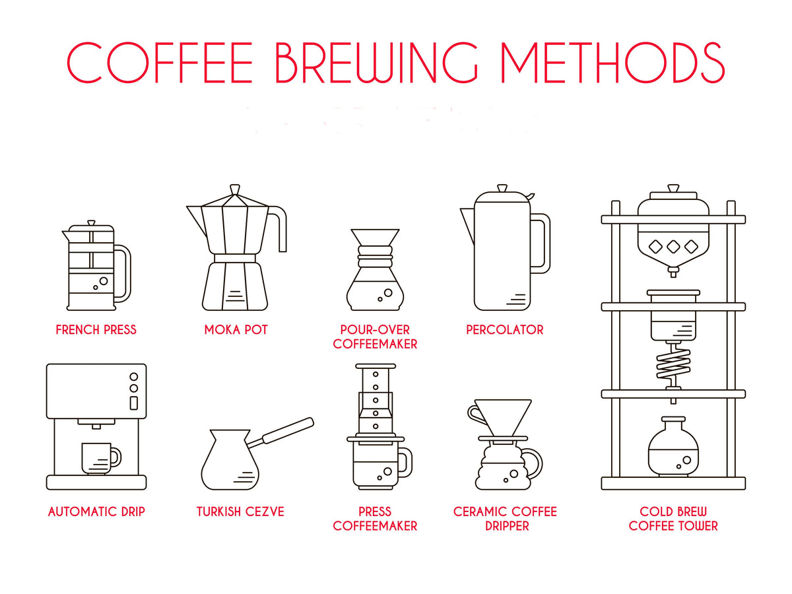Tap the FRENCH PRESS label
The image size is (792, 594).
(96, 329)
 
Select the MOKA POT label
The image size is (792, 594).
(236, 329)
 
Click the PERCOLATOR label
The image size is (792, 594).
(505, 329)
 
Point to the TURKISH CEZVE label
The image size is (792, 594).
(240, 511)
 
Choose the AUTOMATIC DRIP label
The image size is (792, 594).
(96, 511)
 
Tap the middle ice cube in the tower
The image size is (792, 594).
(673, 247)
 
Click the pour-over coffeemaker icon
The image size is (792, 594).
(375, 271)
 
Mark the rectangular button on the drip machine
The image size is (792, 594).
(133, 403)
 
